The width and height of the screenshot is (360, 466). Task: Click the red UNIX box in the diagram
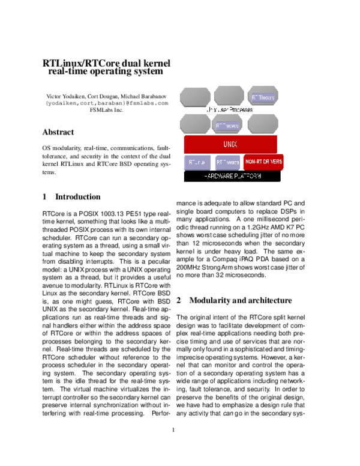click(x=230, y=145)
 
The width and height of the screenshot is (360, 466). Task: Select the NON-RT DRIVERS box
click(x=263, y=162)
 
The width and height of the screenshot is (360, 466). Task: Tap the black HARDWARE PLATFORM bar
click(x=232, y=177)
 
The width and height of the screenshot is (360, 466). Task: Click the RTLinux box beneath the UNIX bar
click(x=197, y=162)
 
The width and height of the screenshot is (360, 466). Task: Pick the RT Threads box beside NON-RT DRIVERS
click(x=227, y=162)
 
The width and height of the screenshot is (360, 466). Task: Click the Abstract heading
click(x=58, y=132)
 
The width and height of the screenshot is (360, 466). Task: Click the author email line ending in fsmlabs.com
click(x=107, y=103)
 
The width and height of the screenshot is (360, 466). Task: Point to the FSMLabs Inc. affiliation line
click(x=106, y=110)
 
